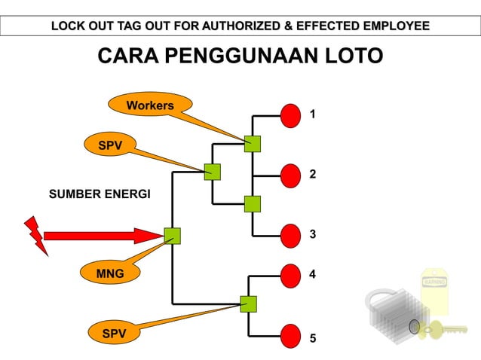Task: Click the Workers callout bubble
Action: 150,105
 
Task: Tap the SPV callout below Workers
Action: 111,145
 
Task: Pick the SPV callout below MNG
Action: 114,333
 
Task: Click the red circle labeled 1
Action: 291,115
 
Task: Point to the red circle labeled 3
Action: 291,235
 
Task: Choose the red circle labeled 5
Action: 291,335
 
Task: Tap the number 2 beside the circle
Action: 313,174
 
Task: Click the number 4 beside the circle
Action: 313,274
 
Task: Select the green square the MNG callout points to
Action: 173,236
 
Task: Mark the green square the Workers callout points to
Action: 252,144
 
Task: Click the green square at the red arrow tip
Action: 173,236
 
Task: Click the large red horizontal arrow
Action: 98,236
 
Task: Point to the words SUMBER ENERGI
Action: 100,194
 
